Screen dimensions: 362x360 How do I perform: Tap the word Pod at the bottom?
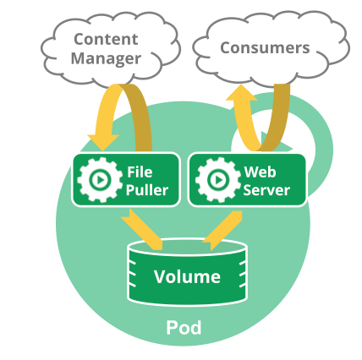pos(184,327)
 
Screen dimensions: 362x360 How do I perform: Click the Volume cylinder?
pos(188,273)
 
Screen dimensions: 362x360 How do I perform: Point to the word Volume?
pos(187,276)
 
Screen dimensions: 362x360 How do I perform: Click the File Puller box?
pos(126,180)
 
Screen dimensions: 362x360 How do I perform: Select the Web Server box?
pos(247,180)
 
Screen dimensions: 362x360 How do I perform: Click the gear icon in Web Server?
pos(217,180)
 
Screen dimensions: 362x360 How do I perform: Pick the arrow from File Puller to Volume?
pos(142,230)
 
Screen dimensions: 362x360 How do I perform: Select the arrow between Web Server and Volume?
pos(222,231)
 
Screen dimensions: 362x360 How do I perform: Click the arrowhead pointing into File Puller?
pos(103,142)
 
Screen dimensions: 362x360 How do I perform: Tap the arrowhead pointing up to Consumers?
pos(241,92)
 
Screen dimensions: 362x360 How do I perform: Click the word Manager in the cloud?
pos(106,58)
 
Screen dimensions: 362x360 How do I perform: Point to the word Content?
pos(106,39)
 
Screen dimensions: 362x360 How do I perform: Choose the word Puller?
pos(147,190)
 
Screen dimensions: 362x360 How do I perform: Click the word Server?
pos(266,190)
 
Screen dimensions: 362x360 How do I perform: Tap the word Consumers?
pos(265,48)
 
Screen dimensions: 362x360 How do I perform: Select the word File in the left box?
pos(140,172)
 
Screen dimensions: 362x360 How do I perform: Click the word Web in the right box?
pos(260,172)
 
